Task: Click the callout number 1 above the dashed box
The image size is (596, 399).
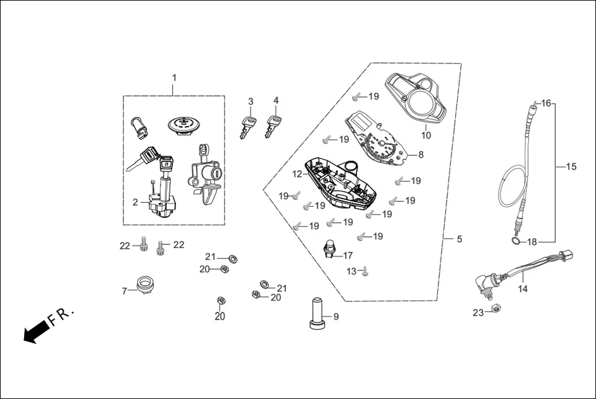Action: click(x=174, y=78)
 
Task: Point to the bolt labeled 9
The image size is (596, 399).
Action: click(x=317, y=314)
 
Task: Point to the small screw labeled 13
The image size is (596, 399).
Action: click(x=365, y=271)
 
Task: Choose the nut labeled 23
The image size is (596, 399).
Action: click(x=494, y=309)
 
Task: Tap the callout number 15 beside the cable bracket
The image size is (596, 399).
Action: click(x=571, y=166)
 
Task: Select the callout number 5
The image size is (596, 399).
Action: click(x=459, y=239)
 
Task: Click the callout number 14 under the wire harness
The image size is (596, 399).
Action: click(x=523, y=288)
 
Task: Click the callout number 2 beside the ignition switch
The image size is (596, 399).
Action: click(x=135, y=202)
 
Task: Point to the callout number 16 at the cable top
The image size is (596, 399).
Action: click(x=546, y=103)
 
